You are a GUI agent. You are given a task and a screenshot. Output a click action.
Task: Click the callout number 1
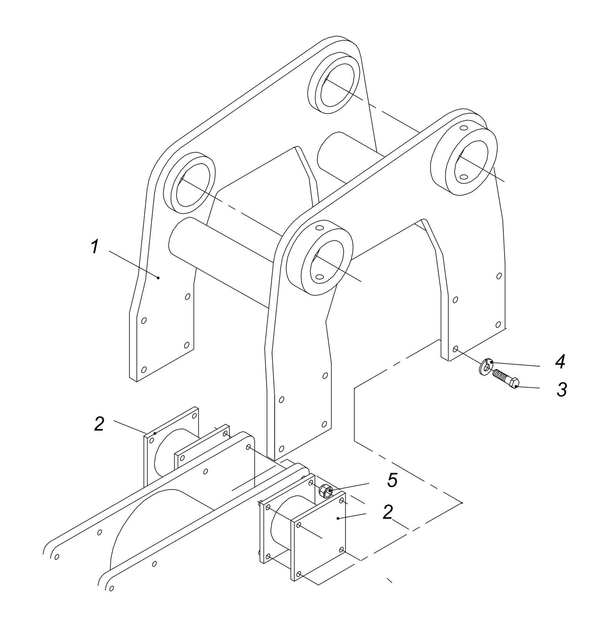95,246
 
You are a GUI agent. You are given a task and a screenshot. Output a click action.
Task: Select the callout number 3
562,390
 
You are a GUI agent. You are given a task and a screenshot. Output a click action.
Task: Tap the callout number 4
560,362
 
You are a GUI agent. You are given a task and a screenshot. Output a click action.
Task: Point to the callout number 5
392,480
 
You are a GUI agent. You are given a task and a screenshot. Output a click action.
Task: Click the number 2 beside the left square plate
99,424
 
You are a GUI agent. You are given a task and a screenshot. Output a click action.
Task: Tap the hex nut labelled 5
325,490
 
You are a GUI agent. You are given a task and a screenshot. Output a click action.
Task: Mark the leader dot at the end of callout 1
158,277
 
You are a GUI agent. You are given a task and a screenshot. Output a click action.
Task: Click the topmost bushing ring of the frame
333,83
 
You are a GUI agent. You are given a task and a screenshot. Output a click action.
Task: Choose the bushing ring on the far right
464,161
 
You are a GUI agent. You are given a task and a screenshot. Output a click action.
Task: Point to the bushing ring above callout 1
189,184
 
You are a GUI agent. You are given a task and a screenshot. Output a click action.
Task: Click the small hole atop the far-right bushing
463,128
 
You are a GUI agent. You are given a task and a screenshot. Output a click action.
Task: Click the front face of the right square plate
320,531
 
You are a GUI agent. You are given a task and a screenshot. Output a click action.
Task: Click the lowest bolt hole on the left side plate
144,370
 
